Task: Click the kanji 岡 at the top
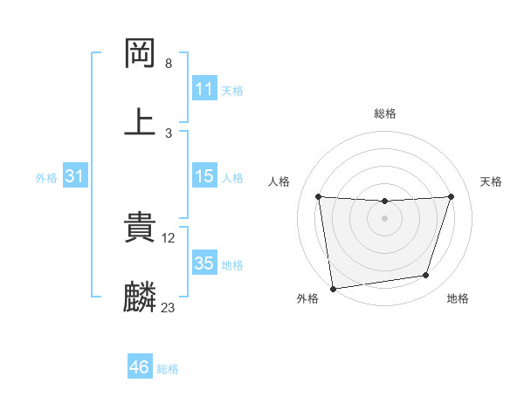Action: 141,53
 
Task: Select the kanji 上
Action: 141,121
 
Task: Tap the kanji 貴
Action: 141,229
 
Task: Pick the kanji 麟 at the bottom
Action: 141,297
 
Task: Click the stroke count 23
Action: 168,307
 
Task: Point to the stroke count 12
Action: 169,238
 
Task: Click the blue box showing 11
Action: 203,90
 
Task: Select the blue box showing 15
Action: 203,177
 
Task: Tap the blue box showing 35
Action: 203,263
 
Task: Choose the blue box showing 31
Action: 75,177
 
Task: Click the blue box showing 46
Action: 139,368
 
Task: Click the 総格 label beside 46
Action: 168,369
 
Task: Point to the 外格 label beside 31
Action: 46,178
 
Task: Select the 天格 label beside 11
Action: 232,91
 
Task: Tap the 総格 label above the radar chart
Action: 385,113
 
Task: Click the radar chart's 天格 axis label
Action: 492,181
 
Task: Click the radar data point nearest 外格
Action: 333,288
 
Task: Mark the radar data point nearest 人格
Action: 318,196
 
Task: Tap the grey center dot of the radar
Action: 384,217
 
